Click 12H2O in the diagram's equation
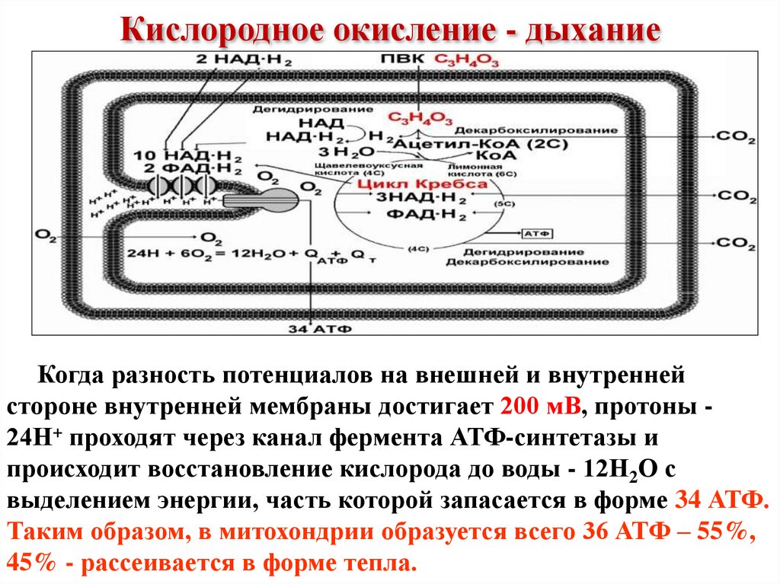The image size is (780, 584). coord(256,254)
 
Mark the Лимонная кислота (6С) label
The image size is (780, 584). coord(473,168)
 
